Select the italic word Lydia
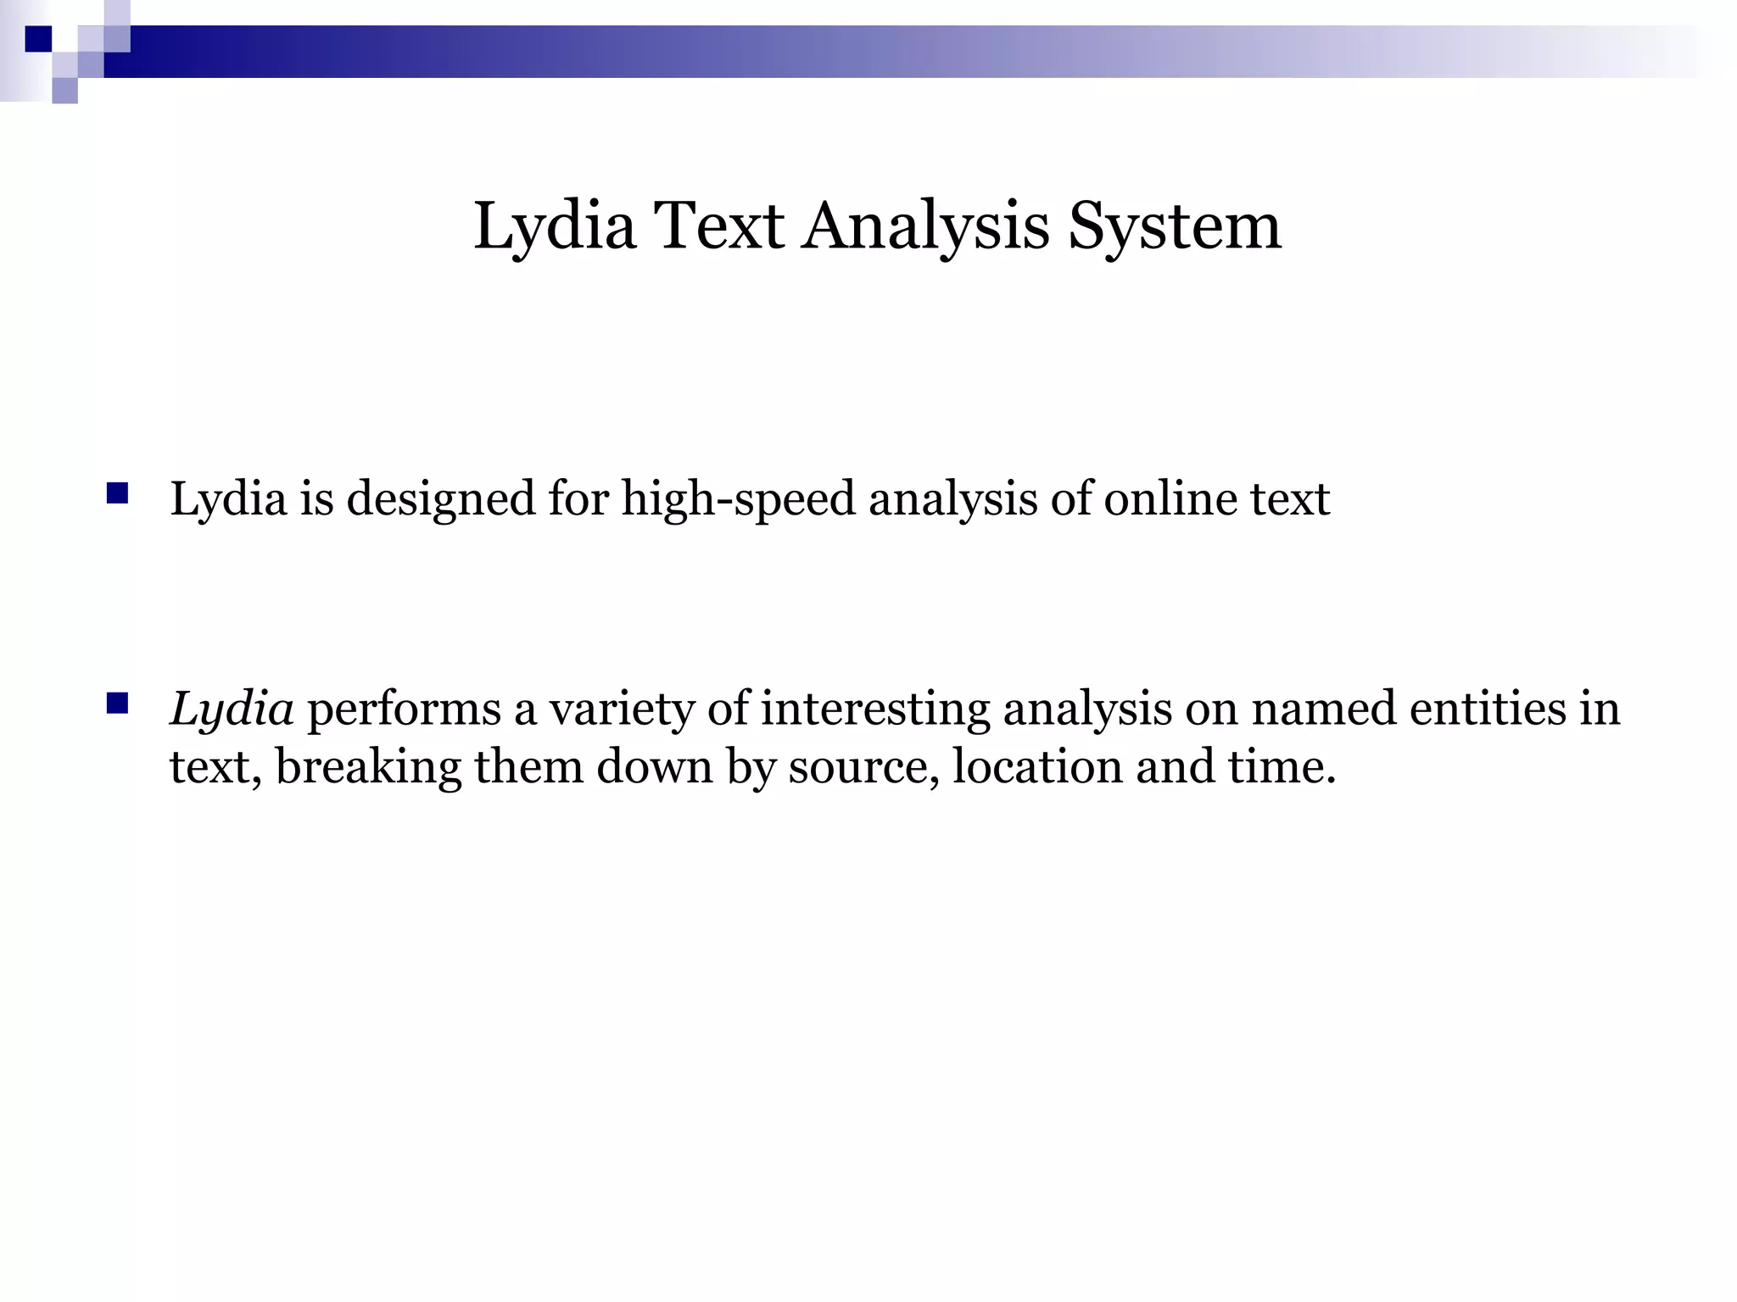tap(232, 709)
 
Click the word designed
tap(441, 498)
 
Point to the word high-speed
tap(738, 498)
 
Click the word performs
tap(404, 709)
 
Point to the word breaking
tap(368, 767)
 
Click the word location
tap(1037, 767)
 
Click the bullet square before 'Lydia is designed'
tap(117, 492)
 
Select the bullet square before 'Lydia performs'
tap(117, 703)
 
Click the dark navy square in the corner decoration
tap(38, 39)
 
